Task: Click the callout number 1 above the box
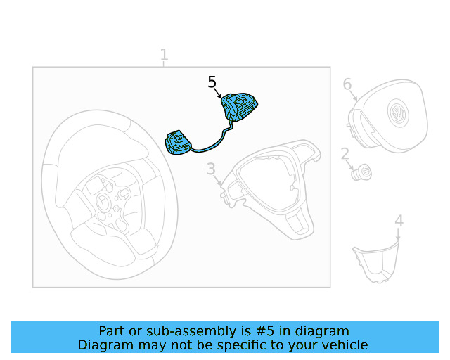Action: (164, 54)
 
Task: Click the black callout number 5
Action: (212, 82)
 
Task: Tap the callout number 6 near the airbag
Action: (347, 84)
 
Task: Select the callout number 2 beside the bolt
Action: (345, 154)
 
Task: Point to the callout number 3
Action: (211, 169)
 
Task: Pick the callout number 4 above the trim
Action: (399, 221)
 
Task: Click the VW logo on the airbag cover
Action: (398, 112)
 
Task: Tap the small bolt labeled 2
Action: (361, 172)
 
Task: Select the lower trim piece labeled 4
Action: (376, 262)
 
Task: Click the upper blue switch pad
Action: (239, 106)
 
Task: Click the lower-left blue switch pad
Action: (178, 143)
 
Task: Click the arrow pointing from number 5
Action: (218, 94)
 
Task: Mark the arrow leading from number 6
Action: (353, 95)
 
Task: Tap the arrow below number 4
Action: (398, 235)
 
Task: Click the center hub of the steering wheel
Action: (102, 201)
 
